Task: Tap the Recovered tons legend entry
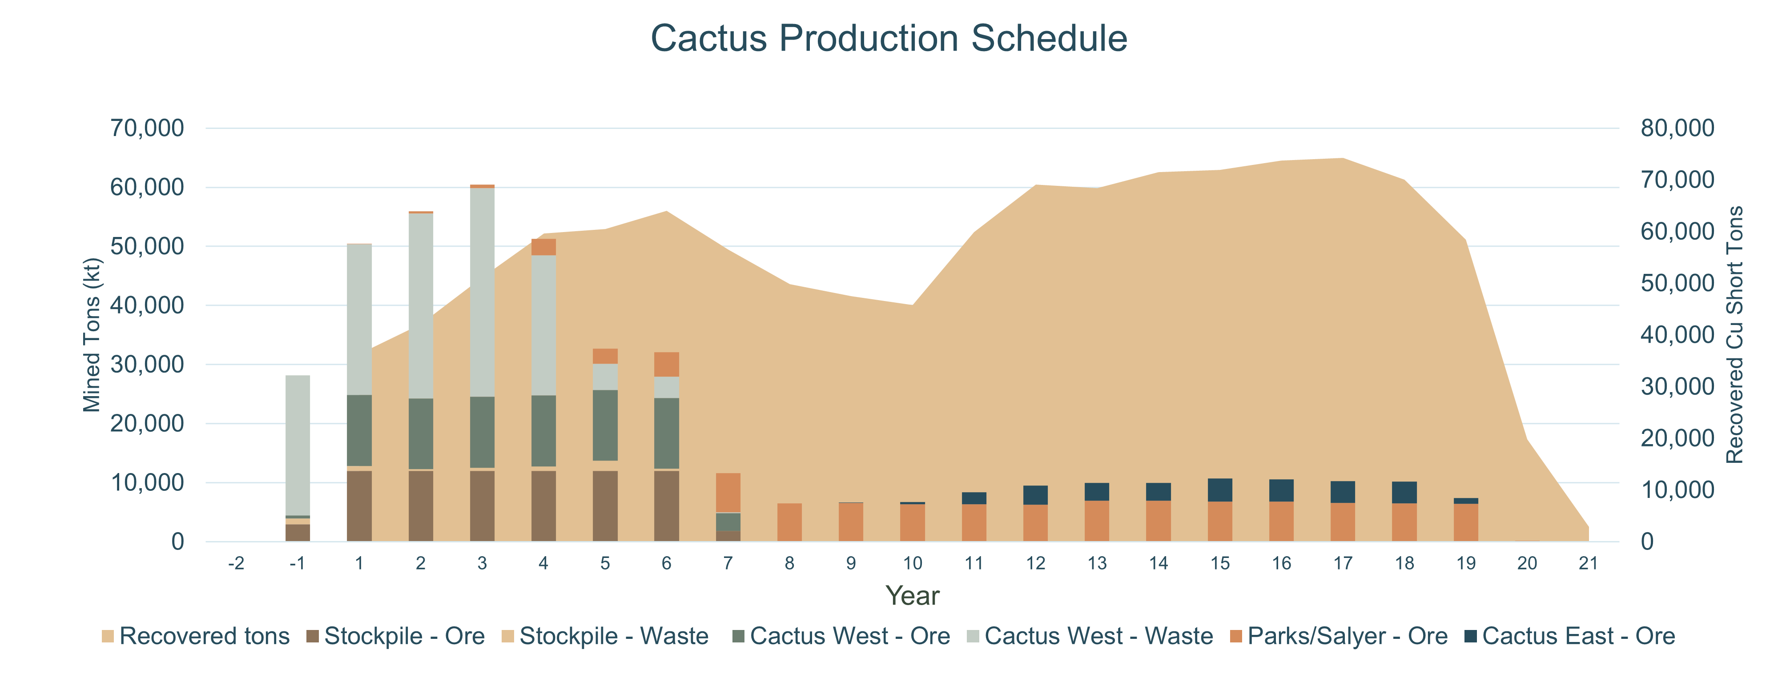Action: tap(195, 636)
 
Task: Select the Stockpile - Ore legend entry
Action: tap(395, 636)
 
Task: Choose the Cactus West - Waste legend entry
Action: tap(1089, 636)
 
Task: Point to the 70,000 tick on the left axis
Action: tap(147, 128)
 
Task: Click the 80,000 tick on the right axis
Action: tap(1677, 128)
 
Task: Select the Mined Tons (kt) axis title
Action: tap(92, 335)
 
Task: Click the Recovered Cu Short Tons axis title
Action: tap(1734, 335)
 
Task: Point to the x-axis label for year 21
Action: tap(1588, 563)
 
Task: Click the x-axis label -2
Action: tap(236, 563)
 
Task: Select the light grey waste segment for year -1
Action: tap(298, 445)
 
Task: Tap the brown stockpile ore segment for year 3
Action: tap(482, 505)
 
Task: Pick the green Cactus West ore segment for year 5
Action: tap(605, 425)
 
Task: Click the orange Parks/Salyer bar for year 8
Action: tap(789, 522)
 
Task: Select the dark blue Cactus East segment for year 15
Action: tap(1219, 489)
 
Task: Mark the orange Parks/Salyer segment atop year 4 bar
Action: tap(543, 247)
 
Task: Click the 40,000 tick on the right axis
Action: tap(1677, 335)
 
